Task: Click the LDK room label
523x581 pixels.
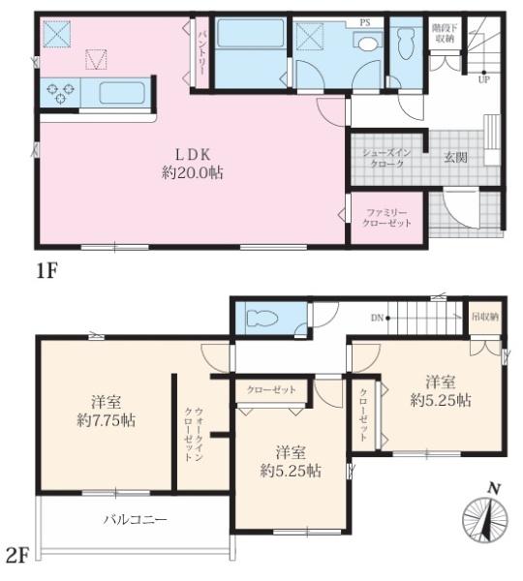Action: pyautogui.click(x=193, y=155)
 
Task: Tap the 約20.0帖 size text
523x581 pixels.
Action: pyautogui.click(x=193, y=172)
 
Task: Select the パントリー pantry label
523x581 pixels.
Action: pyautogui.click(x=202, y=53)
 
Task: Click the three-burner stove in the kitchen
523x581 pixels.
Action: pyautogui.click(x=60, y=92)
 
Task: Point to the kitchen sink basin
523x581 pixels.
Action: pyautogui.click(x=122, y=94)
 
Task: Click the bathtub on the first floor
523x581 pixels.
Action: pyautogui.click(x=251, y=33)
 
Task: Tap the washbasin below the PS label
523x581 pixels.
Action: pyautogui.click(x=367, y=42)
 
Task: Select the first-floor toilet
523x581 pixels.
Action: pyautogui.click(x=405, y=45)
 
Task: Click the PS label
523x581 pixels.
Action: pyautogui.click(x=365, y=22)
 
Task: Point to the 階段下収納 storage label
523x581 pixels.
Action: pyautogui.click(x=445, y=33)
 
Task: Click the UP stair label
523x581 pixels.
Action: pyautogui.click(x=483, y=79)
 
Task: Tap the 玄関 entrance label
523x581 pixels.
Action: pyautogui.click(x=455, y=158)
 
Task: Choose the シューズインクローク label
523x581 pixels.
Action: pyautogui.click(x=387, y=158)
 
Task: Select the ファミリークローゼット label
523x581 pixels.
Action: pyautogui.click(x=387, y=218)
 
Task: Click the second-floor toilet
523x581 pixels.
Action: pyautogui.click(x=262, y=318)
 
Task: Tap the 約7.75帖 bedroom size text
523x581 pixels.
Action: pyautogui.click(x=106, y=420)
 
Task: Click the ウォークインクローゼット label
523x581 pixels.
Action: pyautogui.click(x=194, y=434)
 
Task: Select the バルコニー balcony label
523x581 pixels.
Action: pyautogui.click(x=135, y=519)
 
